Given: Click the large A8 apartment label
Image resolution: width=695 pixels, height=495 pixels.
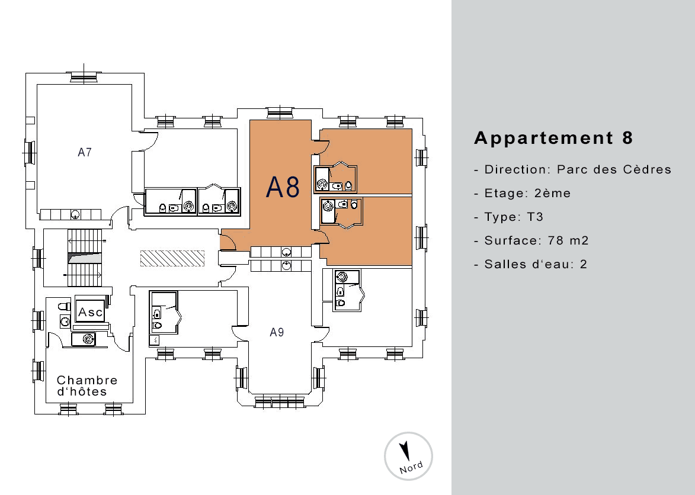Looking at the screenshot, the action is pos(283,187).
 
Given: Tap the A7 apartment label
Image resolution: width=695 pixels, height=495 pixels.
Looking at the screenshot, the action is pos(85,152).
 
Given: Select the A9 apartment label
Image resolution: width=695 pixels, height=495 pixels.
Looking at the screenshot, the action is pos(277,332).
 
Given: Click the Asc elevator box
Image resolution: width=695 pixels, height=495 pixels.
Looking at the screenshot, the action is pos(91,311).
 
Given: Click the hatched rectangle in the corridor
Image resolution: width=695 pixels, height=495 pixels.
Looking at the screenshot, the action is pos(172,259).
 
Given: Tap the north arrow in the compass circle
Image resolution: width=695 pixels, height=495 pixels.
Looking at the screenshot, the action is pos(404,451).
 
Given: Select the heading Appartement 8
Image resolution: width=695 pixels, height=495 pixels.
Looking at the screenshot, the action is pos(553,138).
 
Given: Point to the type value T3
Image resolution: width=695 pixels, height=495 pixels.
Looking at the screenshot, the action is pos(535,217).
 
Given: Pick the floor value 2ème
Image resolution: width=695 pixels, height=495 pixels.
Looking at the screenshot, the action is pos(552,193).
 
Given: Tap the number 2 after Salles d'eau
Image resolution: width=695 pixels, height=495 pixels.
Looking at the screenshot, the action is pos(583,264).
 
